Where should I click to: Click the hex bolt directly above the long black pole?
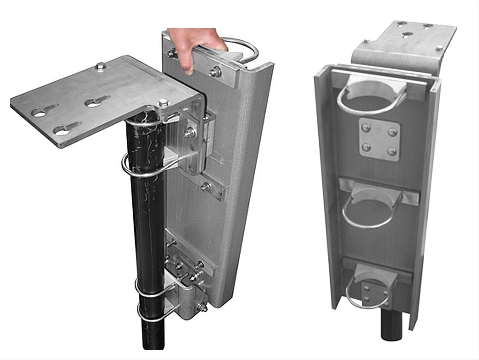click(163, 103)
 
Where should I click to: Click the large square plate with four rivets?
click(379, 139)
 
